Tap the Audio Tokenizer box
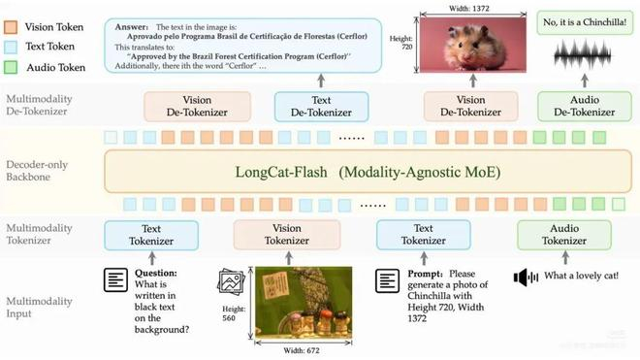pos(563,234)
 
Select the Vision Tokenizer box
pos(287,234)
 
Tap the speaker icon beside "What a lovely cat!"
pos(526,278)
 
